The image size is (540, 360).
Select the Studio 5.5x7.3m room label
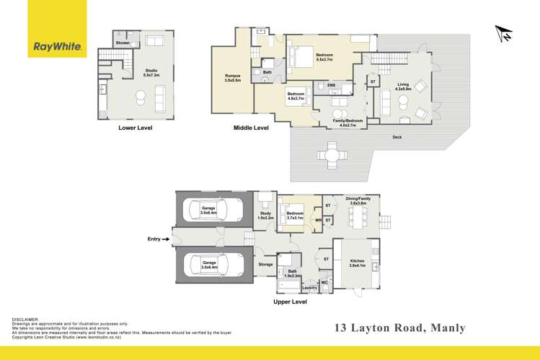150,73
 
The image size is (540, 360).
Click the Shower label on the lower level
123,43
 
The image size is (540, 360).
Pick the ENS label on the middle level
332,86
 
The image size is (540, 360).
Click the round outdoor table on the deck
332,154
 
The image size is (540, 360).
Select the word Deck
397,137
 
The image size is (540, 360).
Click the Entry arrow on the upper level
159,239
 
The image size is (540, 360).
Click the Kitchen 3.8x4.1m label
358,263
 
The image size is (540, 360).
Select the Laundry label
310,288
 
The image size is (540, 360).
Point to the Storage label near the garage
265,265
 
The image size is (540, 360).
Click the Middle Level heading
251,128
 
